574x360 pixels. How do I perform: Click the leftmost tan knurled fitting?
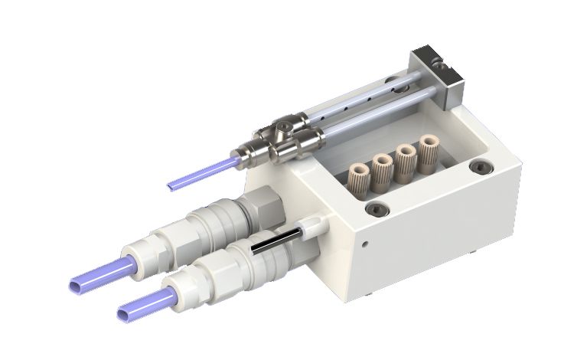(x=357, y=177)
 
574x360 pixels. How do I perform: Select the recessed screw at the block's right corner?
(x=480, y=166)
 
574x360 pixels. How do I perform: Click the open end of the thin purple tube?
(x=171, y=185)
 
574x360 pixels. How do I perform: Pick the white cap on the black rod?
(x=311, y=226)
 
